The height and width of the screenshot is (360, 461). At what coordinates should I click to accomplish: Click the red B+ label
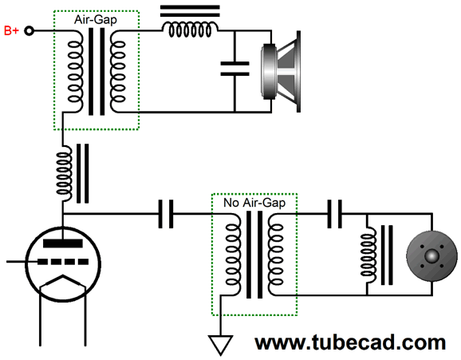pos(11,30)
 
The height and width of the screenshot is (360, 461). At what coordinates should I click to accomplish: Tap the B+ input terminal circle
pos(29,30)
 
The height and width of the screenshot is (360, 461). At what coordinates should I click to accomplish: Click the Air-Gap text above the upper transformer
pos(96,20)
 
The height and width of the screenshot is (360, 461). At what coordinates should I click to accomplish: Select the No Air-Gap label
pos(254,203)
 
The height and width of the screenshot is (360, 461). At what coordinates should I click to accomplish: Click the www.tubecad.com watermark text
pos(350,342)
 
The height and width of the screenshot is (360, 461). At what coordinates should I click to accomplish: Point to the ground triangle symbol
pos(220,344)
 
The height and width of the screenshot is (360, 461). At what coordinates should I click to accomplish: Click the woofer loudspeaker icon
pos(281,72)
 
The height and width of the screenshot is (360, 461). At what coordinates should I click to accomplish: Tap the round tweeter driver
pos(431,256)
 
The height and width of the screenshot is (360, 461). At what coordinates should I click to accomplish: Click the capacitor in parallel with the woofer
pos(235,69)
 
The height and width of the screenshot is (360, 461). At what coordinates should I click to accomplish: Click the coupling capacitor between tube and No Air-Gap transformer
pos(166,214)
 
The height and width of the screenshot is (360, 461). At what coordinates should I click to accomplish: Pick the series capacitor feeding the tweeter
pos(334,214)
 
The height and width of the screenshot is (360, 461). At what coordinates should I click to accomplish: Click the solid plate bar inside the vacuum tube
pos(63,243)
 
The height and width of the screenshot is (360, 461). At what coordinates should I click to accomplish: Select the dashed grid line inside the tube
pos(63,262)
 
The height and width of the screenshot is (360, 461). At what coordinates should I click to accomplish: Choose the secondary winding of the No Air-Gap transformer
pos(276,255)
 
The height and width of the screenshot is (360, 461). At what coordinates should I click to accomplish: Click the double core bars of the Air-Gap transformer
pos(97,72)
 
